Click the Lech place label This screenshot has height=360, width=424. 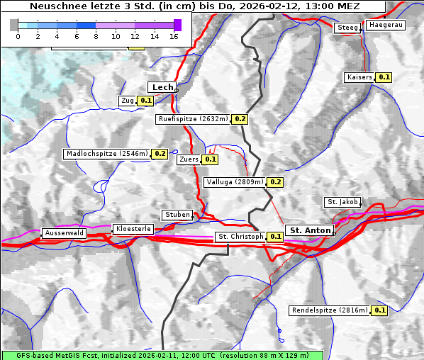(162, 87)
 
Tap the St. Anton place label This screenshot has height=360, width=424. (311, 230)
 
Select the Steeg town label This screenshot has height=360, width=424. (347, 28)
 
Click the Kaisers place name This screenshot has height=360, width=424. (359, 77)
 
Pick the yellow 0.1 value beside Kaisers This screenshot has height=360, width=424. (384, 77)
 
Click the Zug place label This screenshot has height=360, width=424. (128, 101)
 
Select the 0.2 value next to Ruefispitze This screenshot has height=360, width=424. (240, 119)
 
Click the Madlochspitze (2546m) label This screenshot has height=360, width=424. (106, 153)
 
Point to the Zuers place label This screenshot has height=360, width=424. (188, 159)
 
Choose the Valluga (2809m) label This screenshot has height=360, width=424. (235, 182)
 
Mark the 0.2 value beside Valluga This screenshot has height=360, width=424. (276, 182)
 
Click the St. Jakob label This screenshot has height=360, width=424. (342, 202)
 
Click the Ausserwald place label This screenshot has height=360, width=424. (64, 232)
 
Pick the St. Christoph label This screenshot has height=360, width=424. (240, 236)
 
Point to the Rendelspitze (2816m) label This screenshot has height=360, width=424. (330, 310)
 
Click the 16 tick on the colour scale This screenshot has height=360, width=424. (174, 36)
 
